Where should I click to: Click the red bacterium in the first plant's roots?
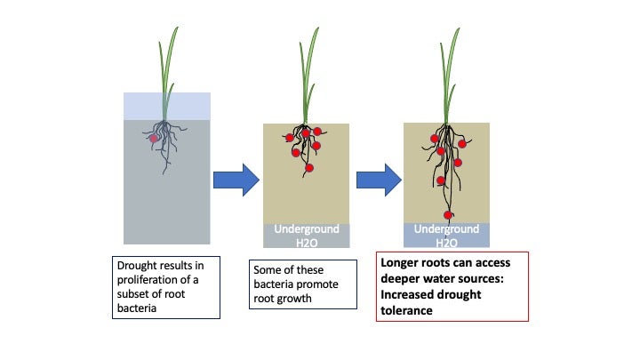pyautogui.click(x=154, y=139)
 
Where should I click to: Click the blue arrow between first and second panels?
pyautogui.click(x=235, y=180)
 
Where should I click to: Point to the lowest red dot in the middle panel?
pyautogui.click(x=309, y=168)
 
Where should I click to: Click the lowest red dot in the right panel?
pyautogui.click(x=449, y=214)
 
